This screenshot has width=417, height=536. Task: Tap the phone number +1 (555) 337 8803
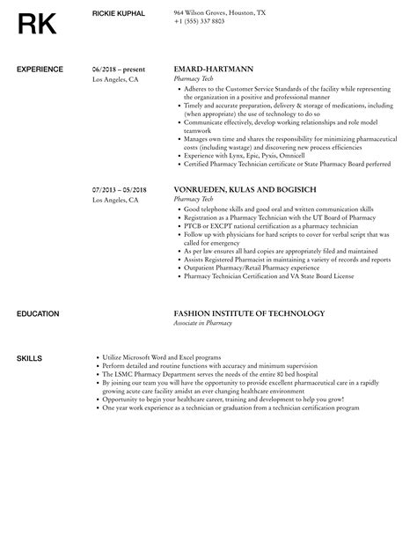coord(200,21)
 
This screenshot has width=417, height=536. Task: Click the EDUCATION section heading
coord(38,313)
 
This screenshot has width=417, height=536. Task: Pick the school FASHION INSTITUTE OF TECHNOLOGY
coord(250,313)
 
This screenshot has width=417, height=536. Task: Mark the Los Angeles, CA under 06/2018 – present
coord(115,77)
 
